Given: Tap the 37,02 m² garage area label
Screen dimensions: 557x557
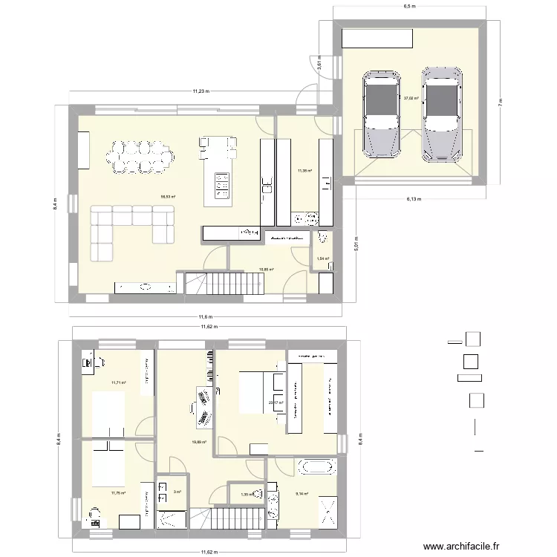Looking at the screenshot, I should pos(411,97).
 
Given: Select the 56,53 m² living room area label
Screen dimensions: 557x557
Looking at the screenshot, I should pos(169,197).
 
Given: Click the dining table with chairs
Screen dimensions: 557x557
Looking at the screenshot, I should pos(141,157).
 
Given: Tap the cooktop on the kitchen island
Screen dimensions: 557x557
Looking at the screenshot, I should pos(221,185).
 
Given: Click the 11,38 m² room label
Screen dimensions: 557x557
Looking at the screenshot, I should pos(304,171).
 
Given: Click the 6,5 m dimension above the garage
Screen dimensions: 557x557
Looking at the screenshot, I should pos(409,7).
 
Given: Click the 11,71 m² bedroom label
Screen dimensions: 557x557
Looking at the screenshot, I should pos(118,383).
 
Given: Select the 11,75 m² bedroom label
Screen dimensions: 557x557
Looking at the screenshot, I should pos(118,492).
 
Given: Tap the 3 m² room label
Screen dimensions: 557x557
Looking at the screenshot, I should pos(177,492).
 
